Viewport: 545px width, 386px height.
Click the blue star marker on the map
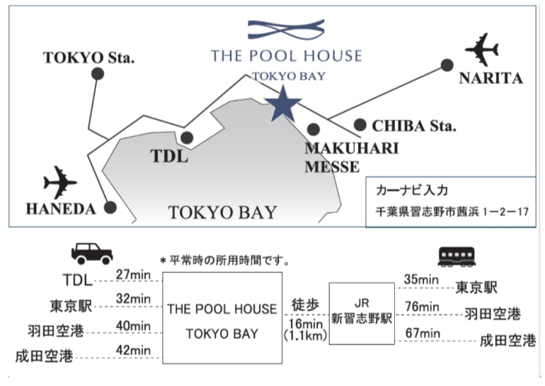tap(283, 104)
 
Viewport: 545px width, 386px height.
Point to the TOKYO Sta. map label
tap(88, 57)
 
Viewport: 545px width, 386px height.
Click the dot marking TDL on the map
tap(187, 138)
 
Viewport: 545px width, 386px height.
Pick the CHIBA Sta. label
tap(414, 126)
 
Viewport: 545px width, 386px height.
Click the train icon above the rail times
tap(457, 255)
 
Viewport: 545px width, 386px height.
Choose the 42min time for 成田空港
tap(132, 349)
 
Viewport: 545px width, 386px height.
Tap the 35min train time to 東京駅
tap(420, 280)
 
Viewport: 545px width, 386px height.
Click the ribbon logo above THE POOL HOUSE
tap(285, 30)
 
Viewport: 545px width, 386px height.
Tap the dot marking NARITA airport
tap(447, 65)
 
